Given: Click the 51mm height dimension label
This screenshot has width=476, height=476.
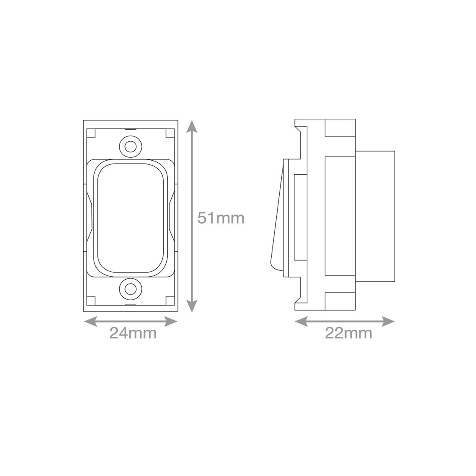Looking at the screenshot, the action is pos(221,218).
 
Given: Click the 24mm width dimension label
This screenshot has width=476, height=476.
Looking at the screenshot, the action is pos(133,333).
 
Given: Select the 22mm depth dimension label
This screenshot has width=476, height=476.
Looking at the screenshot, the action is pos(348,333).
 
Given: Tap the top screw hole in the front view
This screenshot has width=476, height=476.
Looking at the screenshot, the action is pos(130,146).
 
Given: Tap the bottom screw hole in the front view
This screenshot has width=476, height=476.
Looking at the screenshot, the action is pos(130,288).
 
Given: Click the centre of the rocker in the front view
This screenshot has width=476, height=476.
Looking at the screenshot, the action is pos(131,217).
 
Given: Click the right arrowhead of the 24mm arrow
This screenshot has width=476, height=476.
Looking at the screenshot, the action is pos(171,322).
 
